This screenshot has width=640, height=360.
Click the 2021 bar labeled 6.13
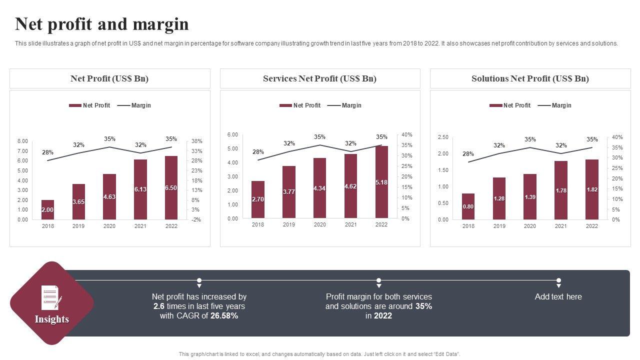pos(140,189)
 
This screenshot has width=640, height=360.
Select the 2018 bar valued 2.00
pos(47,209)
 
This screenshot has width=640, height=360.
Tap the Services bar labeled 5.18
pos(381,182)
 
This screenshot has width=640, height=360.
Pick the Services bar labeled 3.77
pos(289,192)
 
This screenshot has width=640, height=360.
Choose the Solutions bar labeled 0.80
pos(468,206)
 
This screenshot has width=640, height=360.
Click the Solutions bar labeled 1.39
pos(530,197)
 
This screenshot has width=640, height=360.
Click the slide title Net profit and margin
pos(102,24)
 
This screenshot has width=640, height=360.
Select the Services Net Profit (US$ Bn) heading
pos(320,78)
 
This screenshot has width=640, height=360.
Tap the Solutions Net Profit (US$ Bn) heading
pos(530,78)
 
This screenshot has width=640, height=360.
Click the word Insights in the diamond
pos(52,319)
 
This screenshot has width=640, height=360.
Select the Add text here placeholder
pos(558,296)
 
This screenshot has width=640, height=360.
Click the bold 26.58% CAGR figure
pos(224,315)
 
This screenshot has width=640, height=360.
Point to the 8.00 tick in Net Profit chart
pos(23,141)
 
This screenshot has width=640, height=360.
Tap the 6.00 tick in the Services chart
pos(232,135)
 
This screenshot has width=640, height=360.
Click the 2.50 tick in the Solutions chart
pos(443,137)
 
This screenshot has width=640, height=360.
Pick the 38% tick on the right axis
pos(196,141)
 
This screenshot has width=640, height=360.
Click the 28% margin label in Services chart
pos(258,152)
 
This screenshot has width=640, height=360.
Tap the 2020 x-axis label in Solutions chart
pos(530,226)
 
